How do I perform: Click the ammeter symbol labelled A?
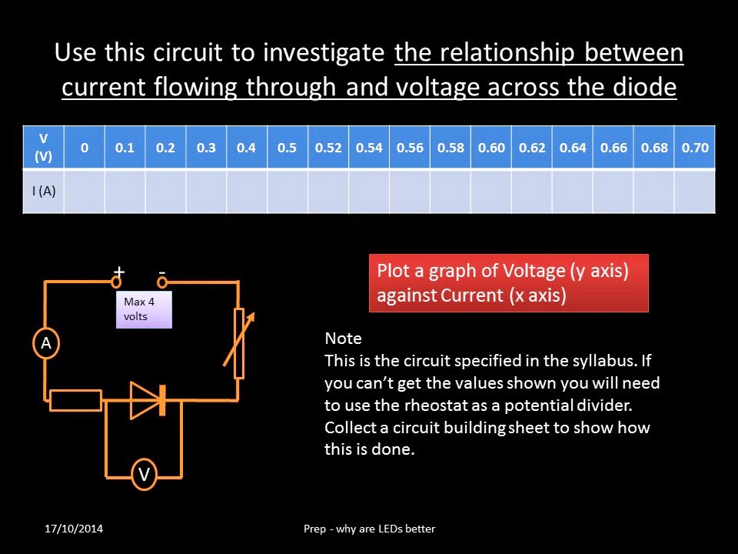(x=46, y=344)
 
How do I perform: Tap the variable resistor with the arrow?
(x=239, y=342)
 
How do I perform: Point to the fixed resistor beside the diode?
(x=75, y=400)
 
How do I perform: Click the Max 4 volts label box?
(x=144, y=309)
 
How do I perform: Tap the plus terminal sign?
(x=119, y=272)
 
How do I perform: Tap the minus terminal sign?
(x=162, y=272)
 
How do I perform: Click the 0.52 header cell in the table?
(x=328, y=148)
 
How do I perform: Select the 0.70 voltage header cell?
(x=695, y=148)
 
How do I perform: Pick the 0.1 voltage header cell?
(x=125, y=148)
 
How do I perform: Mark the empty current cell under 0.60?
(x=491, y=191)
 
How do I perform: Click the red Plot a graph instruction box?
(x=508, y=283)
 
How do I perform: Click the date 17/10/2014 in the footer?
(x=74, y=529)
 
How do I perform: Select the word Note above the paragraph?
(x=343, y=339)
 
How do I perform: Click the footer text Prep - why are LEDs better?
(x=369, y=529)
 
